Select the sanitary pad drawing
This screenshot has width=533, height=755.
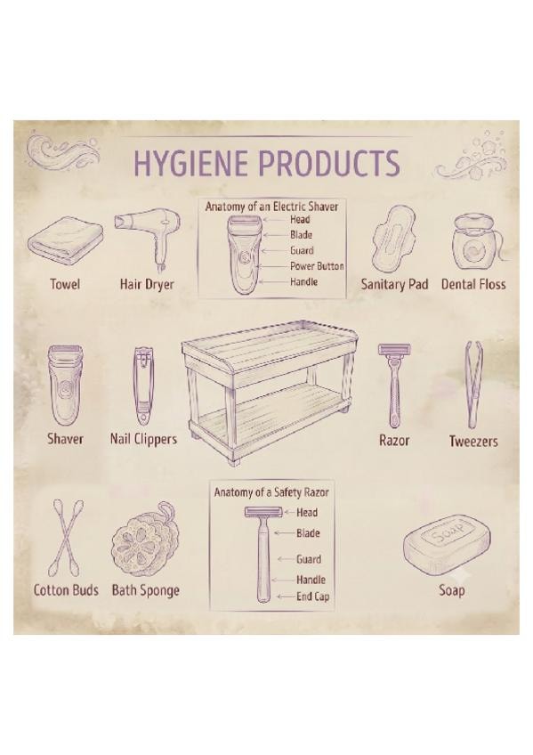[392, 239]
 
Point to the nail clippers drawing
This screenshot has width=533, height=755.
[142, 386]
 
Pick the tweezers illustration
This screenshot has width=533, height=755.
[472, 385]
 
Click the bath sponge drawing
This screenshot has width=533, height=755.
[145, 540]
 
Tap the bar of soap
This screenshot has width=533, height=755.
[448, 544]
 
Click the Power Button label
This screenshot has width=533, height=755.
[317, 266]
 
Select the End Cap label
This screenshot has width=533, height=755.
[312, 597]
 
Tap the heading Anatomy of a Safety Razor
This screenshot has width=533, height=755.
[271, 492]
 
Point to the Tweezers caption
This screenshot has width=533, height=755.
[473, 441]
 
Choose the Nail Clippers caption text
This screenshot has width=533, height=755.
[143, 439]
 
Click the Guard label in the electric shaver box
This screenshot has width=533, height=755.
[302, 250]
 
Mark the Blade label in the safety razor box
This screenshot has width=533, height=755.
[308, 533]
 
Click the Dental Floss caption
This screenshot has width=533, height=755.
[473, 284]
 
